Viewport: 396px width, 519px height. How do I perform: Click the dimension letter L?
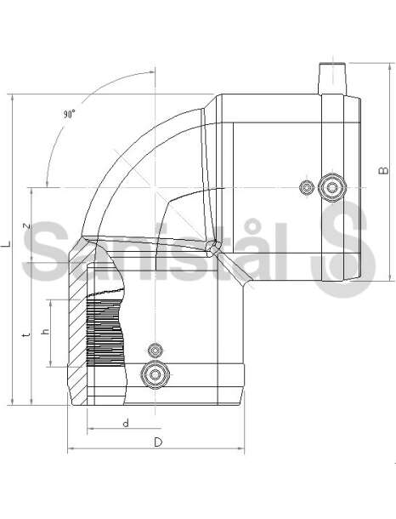(x=6, y=244)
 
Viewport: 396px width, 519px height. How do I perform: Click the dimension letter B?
(x=384, y=170)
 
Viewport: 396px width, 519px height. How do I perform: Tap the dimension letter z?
(x=27, y=226)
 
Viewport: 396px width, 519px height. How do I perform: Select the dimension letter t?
(x=26, y=335)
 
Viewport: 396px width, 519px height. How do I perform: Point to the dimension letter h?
(x=45, y=331)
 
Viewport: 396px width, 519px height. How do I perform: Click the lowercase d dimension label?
(x=126, y=423)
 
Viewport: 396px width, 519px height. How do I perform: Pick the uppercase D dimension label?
(x=158, y=442)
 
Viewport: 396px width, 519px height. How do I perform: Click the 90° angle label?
(x=70, y=114)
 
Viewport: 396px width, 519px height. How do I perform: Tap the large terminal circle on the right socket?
(x=332, y=187)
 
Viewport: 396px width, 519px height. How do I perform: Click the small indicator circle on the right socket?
(x=307, y=188)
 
